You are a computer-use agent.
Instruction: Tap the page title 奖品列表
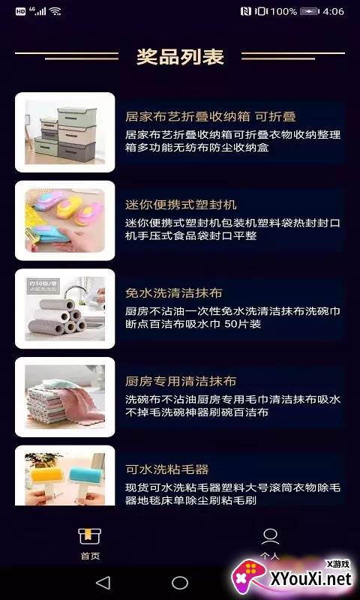180,56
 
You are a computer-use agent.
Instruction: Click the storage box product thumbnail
65,132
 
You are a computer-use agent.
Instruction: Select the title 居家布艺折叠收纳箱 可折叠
211,116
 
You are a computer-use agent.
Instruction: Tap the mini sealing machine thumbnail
65,220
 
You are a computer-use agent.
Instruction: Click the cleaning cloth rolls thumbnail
65,308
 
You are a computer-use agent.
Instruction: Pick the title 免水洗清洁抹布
174,292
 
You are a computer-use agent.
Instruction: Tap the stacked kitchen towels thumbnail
65,397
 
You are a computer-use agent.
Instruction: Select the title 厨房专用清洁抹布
181,381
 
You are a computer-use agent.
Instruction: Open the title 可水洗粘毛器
166,469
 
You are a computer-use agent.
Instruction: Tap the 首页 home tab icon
90,536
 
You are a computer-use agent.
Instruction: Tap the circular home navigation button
180,583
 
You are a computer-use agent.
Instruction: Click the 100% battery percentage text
283,11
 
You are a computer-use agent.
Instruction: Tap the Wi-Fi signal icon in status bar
55,11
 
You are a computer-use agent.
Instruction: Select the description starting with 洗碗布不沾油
232,406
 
